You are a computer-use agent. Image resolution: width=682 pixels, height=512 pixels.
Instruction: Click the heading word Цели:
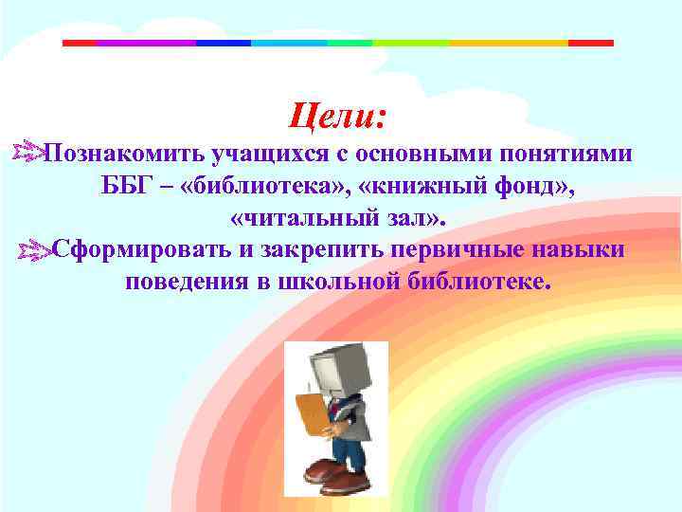click(338, 118)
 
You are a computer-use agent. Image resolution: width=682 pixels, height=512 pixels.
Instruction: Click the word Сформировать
click(137, 249)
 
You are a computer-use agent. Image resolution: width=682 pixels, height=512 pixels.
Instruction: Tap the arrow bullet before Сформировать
click(34, 249)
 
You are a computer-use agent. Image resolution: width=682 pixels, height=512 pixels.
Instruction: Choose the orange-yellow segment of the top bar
click(507, 43)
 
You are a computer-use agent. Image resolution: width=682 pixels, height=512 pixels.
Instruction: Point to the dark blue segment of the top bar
click(223, 43)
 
